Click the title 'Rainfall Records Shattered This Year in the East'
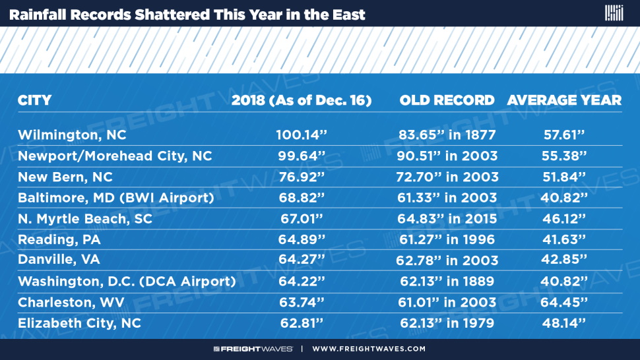pos(187,15)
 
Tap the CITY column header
pos(35,100)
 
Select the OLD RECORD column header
pos(447,100)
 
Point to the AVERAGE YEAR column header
pos(564,100)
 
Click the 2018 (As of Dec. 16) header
pos(302,100)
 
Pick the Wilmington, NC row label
pos(72,135)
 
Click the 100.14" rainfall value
pos(302,135)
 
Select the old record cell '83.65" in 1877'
pos(447,135)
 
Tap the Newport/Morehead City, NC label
pos(115,156)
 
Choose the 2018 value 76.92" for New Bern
pos(302,177)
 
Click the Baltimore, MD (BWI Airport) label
pos(116,198)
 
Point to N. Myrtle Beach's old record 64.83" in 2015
pos(447,218)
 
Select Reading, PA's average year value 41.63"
pos(564,239)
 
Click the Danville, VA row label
pos(59,260)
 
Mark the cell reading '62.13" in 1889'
pos(447,282)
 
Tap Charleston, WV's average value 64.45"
pos(564,302)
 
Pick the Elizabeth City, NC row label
pos(80,323)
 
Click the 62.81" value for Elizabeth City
pos(302,323)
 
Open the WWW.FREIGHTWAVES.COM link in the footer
pos(369,349)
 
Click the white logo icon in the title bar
pos(614,13)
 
